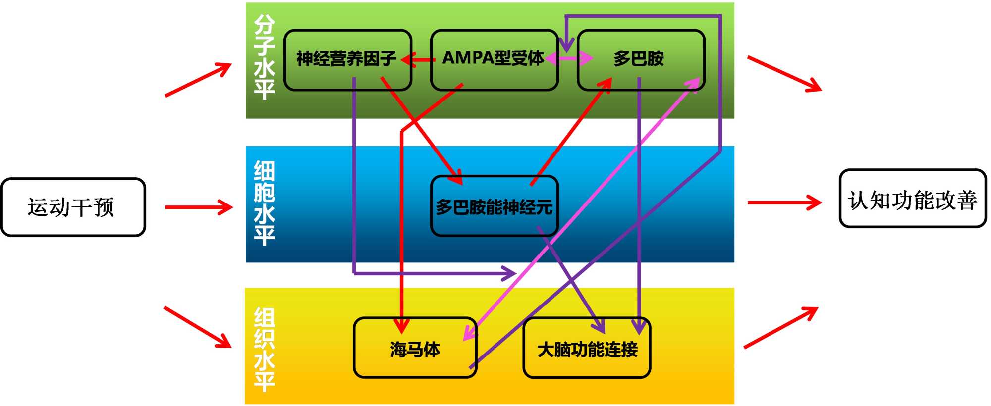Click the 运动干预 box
[73, 207]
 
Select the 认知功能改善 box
[912, 199]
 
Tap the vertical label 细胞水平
[264, 203]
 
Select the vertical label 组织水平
[264, 349]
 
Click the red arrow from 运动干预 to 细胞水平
[198, 207]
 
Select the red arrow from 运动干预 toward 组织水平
[197, 326]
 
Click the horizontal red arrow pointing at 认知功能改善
[784, 203]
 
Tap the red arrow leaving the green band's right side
[784, 74]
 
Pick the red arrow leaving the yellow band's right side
[780, 328]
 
